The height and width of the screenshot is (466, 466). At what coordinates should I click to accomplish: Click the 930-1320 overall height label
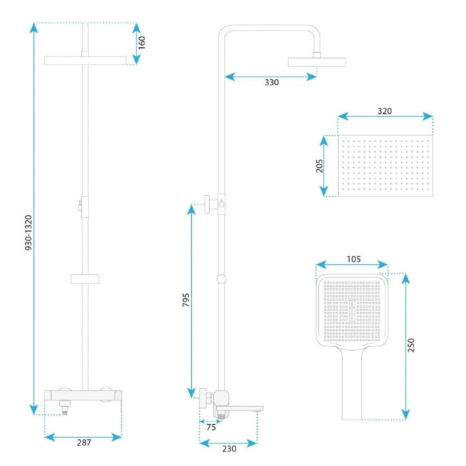(29, 232)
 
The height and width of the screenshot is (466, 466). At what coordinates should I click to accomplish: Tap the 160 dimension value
(142, 43)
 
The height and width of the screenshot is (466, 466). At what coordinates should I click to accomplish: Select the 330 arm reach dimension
(272, 83)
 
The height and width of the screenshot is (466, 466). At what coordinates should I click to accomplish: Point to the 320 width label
(385, 111)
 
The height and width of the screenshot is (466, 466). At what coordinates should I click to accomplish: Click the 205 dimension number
(319, 166)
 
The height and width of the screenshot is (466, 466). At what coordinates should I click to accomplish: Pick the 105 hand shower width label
(353, 259)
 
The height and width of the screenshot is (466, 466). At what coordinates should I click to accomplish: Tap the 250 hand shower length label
(411, 345)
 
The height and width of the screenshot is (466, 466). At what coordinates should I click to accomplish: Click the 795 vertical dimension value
(186, 300)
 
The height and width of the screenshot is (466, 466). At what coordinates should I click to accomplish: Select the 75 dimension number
(211, 427)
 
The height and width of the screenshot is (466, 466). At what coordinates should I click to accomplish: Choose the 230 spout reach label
(230, 449)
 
